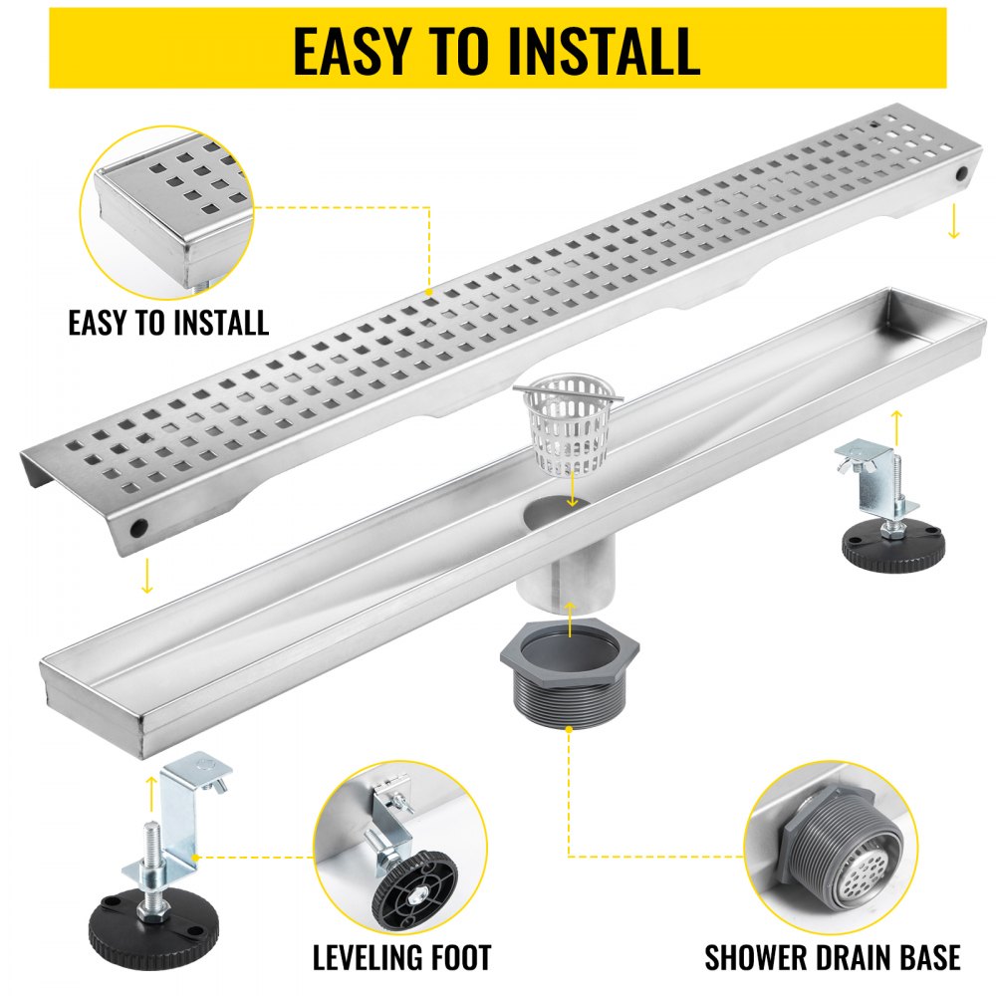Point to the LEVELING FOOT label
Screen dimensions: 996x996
401,958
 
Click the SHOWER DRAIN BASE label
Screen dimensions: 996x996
832,958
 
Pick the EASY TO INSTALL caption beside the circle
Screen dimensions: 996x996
168,323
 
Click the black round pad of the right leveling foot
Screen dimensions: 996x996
894,543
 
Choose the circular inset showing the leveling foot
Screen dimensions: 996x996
400,851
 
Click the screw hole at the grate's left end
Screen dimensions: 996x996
140,525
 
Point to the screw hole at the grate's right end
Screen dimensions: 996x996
963,173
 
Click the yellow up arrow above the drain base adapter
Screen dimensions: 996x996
569,619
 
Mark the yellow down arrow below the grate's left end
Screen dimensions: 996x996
146,575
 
